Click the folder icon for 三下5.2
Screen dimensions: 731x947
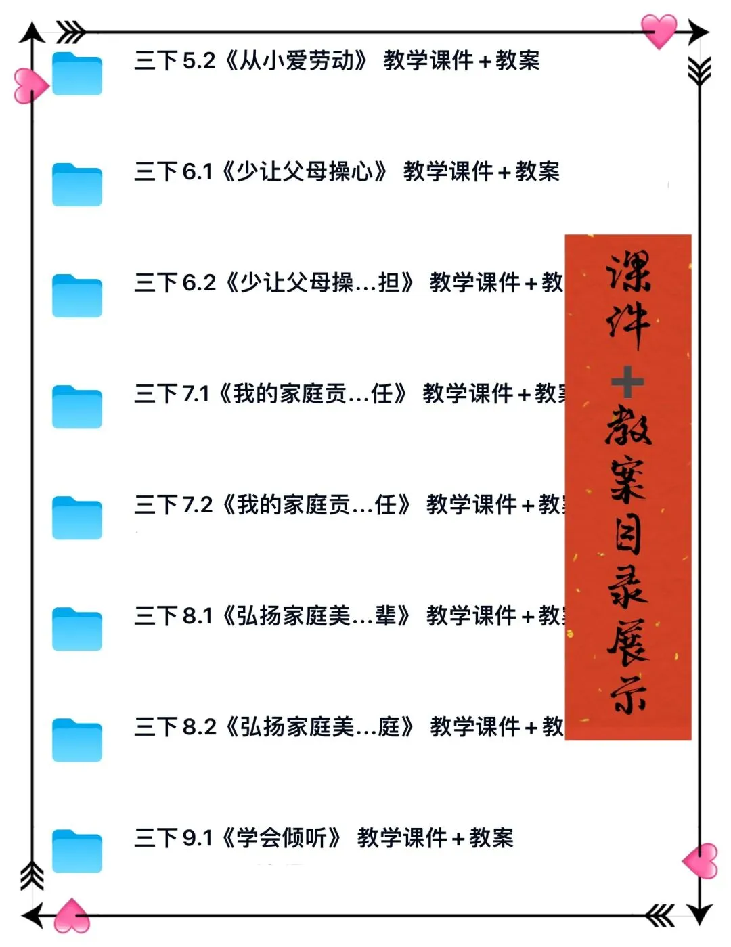(77, 74)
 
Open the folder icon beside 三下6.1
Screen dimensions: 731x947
(77, 185)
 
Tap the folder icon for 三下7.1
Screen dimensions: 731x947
(77, 407)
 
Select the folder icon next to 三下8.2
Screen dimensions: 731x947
(77, 740)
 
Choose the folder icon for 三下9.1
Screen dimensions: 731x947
(77, 851)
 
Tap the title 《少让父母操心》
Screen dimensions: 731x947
(305, 172)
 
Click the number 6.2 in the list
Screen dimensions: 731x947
(199, 283)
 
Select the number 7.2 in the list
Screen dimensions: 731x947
(197, 505)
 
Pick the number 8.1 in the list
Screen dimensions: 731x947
(197, 616)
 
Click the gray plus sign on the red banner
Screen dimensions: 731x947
(627, 382)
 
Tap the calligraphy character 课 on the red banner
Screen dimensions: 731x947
(629, 272)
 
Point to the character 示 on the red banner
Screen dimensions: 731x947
(628, 695)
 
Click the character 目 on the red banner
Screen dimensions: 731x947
(628, 534)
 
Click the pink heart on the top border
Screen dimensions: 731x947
(659, 30)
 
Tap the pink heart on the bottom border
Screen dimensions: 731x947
(72, 917)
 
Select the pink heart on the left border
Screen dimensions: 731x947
(30, 86)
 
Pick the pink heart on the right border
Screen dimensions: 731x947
(701, 861)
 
